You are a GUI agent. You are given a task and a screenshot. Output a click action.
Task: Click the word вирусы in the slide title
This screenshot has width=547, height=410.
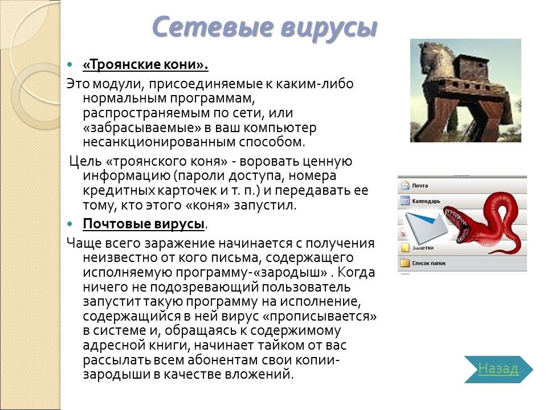pos(327,27)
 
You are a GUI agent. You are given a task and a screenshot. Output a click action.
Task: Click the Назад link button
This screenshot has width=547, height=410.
pos(498,369)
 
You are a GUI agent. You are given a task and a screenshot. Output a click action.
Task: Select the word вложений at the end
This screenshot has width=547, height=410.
pos(266,375)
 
